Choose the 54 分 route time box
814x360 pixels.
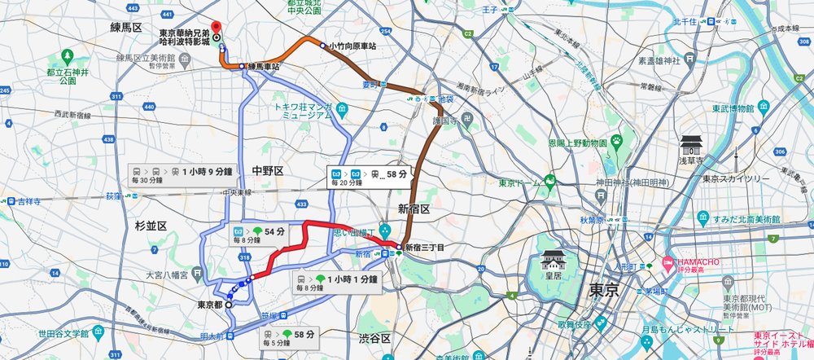tap(261, 235)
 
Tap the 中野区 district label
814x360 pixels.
tap(267, 170)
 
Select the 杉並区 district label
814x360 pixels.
tap(150, 225)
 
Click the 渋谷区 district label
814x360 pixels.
tap(375, 337)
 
